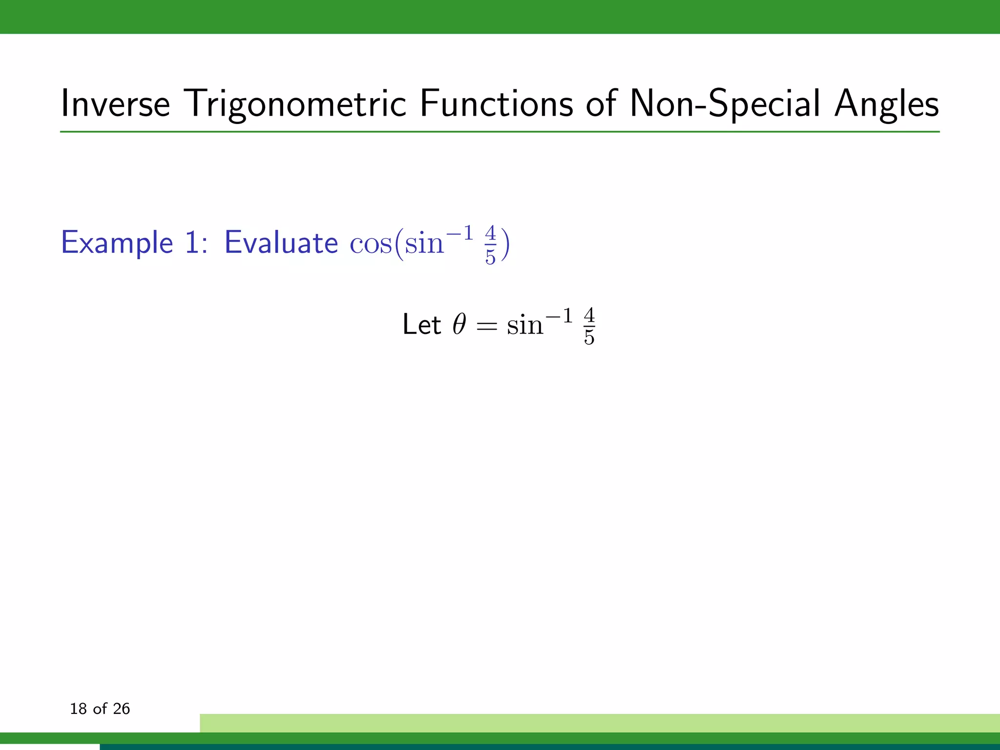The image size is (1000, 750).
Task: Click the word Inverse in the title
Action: tap(115, 104)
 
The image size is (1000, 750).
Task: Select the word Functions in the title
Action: tap(496, 104)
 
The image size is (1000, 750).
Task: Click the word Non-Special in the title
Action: tap(725, 104)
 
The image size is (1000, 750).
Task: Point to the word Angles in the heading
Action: tap(886, 104)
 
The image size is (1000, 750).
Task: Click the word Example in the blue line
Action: tap(117, 243)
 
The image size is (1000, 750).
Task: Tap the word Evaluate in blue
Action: tap(281, 243)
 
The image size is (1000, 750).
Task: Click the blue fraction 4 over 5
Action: tap(490, 245)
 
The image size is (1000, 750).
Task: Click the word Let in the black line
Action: tap(421, 325)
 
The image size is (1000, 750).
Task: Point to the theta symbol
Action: tap(459, 325)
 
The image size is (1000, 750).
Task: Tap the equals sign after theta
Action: tap(486, 326)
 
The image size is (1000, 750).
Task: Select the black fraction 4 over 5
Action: tap(589, 327)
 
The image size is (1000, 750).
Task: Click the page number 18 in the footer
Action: tap(78, 709)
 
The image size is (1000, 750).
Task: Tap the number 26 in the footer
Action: tap(121, 709)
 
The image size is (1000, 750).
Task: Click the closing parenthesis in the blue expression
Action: tap(505, 244)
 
